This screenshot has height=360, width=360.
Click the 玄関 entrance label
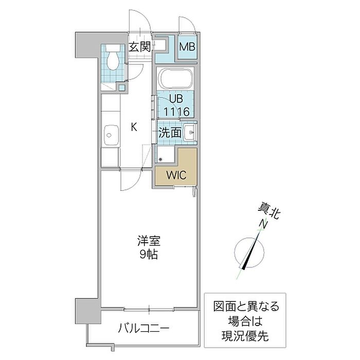point(139,47)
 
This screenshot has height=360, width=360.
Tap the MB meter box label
point(186,48)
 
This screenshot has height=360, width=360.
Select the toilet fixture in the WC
point(113,60)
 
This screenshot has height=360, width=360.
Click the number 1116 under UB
point(177,111)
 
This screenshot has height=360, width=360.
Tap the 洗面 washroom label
point(169,132)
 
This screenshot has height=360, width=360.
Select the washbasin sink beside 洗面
point(189,133)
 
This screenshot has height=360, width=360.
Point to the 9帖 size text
point(147,254)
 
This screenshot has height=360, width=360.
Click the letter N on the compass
point(263,225)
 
